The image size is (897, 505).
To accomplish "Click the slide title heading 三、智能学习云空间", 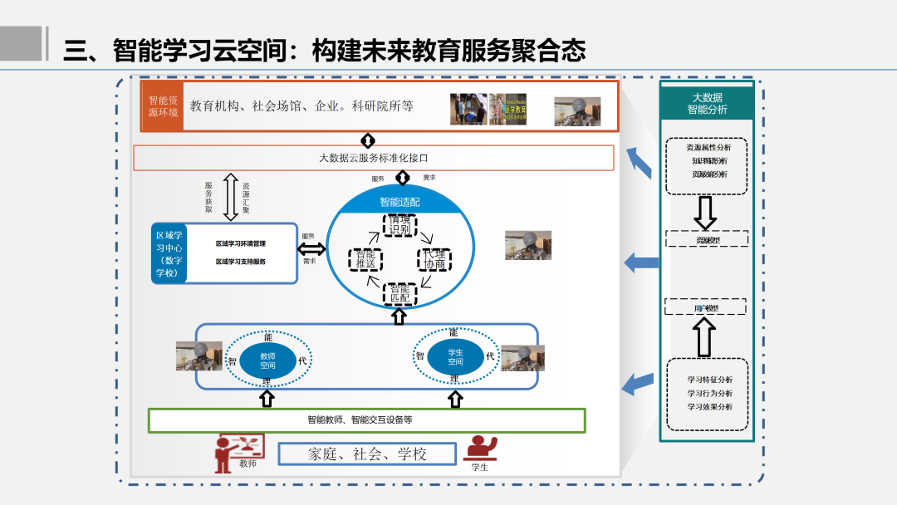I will point(324,51).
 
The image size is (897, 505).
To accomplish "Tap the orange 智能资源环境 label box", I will point(163,106).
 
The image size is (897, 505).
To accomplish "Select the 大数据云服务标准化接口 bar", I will point(373,158).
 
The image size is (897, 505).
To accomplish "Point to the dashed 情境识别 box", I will point(399,225).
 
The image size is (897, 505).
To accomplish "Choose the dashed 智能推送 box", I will point(365,259).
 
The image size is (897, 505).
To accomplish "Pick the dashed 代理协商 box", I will point(434,259).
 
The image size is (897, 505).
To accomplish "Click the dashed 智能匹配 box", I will point(399,292).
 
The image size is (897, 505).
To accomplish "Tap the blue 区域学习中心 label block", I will point(170,253).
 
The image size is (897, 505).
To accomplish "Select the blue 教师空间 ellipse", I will point(267,360).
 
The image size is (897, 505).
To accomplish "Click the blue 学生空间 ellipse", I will point(455,357).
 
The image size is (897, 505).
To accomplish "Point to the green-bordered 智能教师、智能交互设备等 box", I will point(366,420).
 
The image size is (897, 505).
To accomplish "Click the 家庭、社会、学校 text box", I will point(367,454).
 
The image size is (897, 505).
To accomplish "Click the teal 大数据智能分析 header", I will point(707,103).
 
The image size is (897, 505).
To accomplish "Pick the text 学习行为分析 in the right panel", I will point(709,393).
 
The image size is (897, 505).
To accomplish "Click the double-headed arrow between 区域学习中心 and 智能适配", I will point(312,248).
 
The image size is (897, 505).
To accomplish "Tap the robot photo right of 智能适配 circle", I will point(528,245).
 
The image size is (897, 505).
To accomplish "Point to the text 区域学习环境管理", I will point(241,244).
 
